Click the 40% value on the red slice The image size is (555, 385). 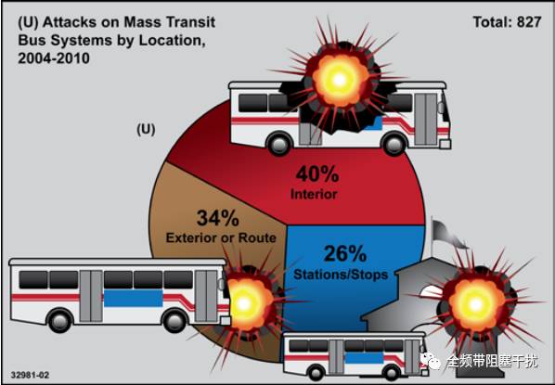pos(317,174)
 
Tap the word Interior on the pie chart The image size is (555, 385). pos(314,194)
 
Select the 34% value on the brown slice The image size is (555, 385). pos(218,218)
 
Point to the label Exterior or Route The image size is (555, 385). pos(221,237)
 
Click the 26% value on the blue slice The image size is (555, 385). pos(345,253)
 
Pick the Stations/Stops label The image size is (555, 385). pos(341,275)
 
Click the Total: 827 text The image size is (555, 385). pos(508,22)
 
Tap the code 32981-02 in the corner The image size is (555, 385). pos(30,375)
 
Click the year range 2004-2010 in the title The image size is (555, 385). pos(54,58)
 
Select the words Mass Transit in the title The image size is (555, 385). pos(169,22)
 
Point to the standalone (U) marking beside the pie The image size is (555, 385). pos(146,130)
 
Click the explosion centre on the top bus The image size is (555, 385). pos(339,80)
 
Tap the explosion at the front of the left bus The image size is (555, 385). pos(244,303)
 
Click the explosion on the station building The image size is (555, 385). pos(475,303)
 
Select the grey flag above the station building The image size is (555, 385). pos(446,235)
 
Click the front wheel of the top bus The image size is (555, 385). pos(394,143)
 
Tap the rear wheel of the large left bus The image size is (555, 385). pos(59,320)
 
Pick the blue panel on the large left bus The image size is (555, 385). pos(133,298)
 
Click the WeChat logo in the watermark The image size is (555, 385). pos(430,360)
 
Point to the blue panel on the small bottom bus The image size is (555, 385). pos(364,358)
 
